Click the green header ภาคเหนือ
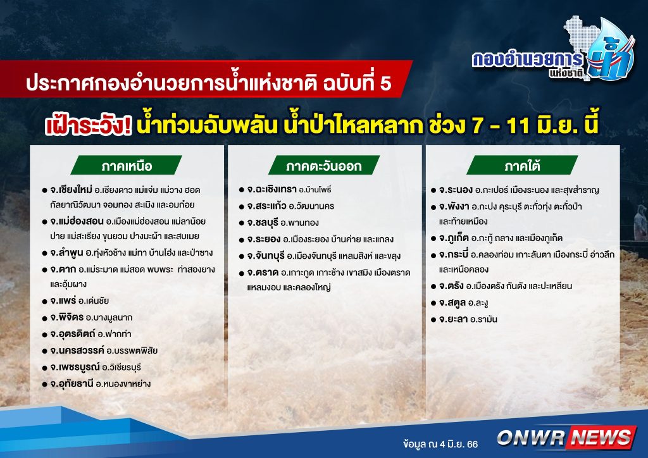tap(127, 165)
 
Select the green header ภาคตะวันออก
tap(324, 165)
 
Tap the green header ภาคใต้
tap(522, 165)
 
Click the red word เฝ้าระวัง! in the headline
tap(89, 125)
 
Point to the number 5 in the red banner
tap(385, 83)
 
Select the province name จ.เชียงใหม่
tap(71, 190)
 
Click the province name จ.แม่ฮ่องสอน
tap(77, 221)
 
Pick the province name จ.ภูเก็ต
tap(454, 238)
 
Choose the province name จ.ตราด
tap(263, 273)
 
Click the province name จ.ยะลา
tap(453, 319)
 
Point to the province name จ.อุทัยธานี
tap(72, 383)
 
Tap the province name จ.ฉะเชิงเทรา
tap(272, 189)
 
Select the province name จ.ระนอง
tap(456, 190)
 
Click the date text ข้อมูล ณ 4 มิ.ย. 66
tap(440, 444)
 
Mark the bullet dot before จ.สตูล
tap(433, 303)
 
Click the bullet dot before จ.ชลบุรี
tap(242, 223)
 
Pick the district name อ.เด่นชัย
tap(94, 300)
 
